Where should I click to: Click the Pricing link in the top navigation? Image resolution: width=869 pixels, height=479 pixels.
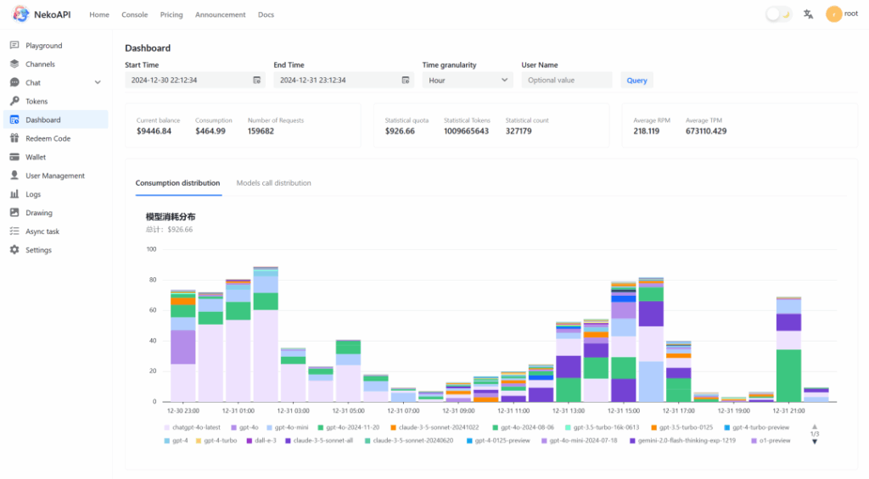pos(171,14)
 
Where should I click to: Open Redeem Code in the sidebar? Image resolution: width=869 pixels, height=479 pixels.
pos(48,138)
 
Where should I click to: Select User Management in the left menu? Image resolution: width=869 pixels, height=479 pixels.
pos(54,175)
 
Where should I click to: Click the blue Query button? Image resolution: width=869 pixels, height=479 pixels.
pos(636,81)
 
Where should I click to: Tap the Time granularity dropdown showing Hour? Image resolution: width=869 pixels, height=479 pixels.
pos(468,80)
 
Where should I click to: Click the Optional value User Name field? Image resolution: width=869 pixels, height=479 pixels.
pos(566,80)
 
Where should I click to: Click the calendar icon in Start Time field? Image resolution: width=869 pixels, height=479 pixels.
pos(256,80)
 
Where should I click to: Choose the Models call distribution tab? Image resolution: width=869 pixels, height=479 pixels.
pos(273,183)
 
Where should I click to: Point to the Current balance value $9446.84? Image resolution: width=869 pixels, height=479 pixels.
pos(154,131)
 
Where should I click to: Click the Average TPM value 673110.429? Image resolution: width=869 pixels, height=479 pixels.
pos(706,131)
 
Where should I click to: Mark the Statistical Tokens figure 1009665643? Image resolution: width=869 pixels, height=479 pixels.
pos(466,131)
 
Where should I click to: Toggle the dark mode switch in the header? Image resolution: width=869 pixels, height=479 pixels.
pos(778,14)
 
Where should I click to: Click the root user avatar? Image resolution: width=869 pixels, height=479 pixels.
pos(834,14)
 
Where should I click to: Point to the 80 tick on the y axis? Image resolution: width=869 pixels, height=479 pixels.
pos(152,280)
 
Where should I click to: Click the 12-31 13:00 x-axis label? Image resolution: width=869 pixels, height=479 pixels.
pos(568,410)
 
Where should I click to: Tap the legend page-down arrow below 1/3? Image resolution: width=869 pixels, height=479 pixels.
pos(815,442)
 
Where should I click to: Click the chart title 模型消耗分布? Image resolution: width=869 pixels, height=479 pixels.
pos(171,217)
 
